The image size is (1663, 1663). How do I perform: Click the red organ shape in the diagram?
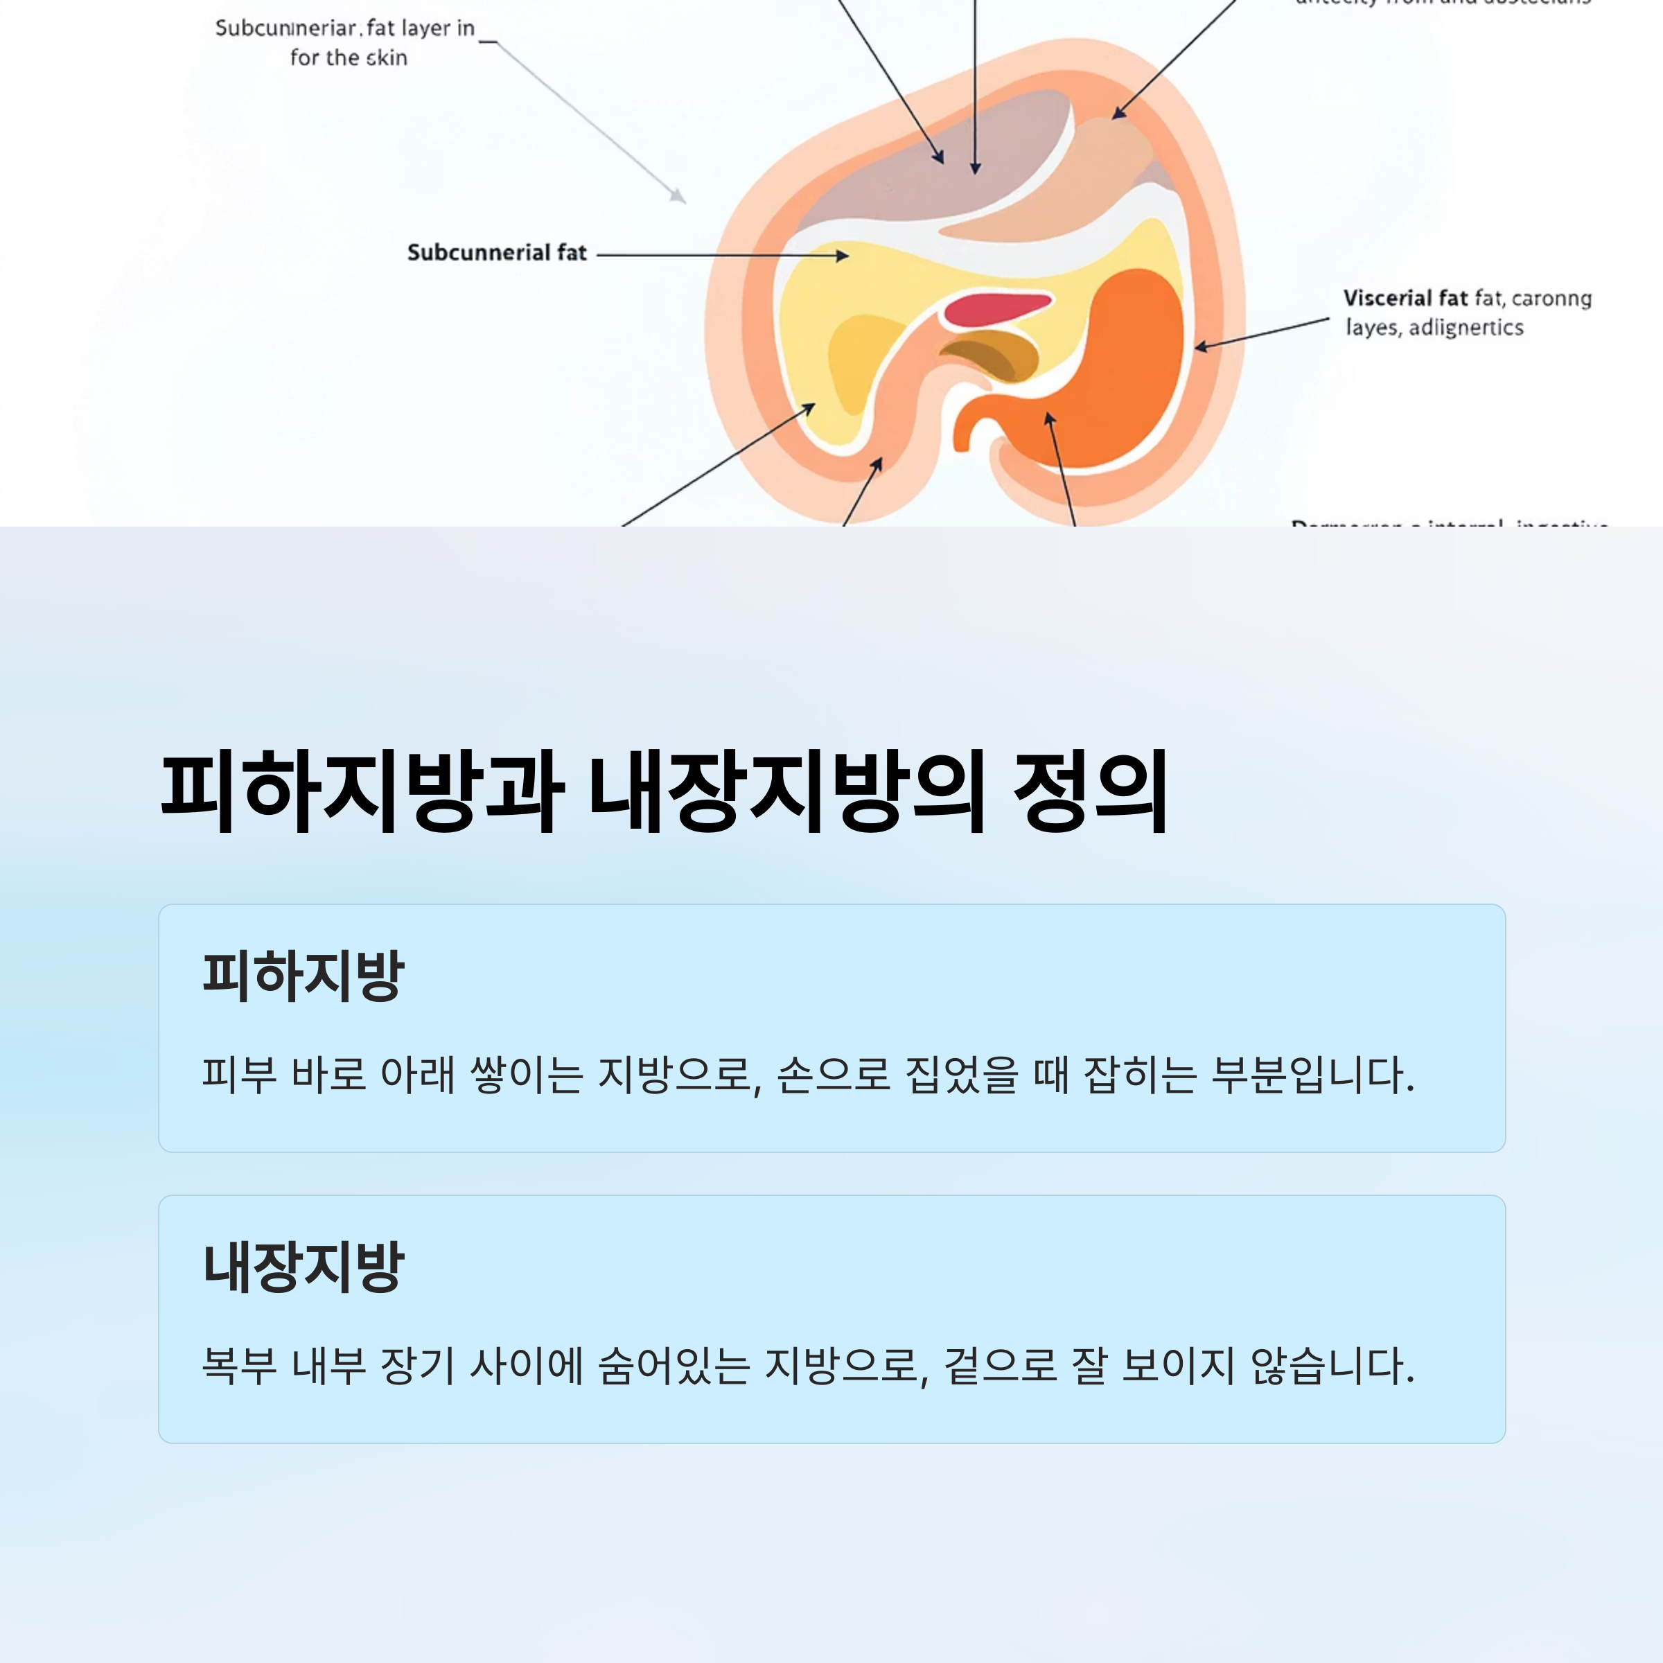click(x=994, y=308)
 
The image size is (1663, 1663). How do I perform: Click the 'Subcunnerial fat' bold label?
click(x=497, y=253)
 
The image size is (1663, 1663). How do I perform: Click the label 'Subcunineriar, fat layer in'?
click(x=344, y=28)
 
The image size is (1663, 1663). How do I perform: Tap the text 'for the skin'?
click(x=349, y=58)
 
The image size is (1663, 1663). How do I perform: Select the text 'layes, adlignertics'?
click(x=1434, y=328)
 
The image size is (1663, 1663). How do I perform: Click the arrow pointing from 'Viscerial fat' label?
click(x=1261, y=333)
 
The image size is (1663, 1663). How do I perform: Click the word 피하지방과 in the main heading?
click(x=362, y=791)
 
